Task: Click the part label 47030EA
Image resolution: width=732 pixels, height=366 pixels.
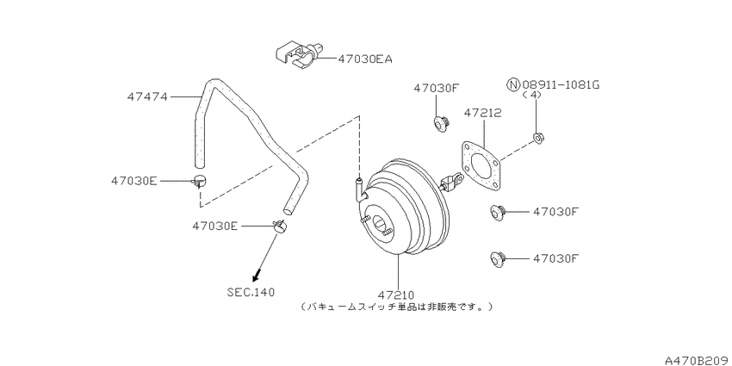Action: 365,59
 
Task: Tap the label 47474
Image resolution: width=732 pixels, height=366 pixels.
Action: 146,97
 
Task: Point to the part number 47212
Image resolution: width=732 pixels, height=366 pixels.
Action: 483,113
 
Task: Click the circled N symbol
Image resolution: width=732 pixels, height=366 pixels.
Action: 513,85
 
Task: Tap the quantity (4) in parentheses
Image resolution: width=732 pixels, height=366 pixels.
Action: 532,95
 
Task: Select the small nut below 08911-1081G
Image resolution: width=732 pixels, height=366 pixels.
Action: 538,138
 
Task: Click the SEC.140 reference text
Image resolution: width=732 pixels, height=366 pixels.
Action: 251,293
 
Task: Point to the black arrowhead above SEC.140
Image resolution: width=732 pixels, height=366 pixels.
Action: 256,278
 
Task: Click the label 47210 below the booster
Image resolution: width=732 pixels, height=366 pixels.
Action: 396,295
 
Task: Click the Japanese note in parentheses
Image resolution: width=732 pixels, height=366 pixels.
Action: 396,307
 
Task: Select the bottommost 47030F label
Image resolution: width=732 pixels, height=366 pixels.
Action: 556,258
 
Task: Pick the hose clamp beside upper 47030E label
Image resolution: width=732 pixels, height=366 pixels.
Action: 199,180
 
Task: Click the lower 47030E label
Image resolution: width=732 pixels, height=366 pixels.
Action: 215,226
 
